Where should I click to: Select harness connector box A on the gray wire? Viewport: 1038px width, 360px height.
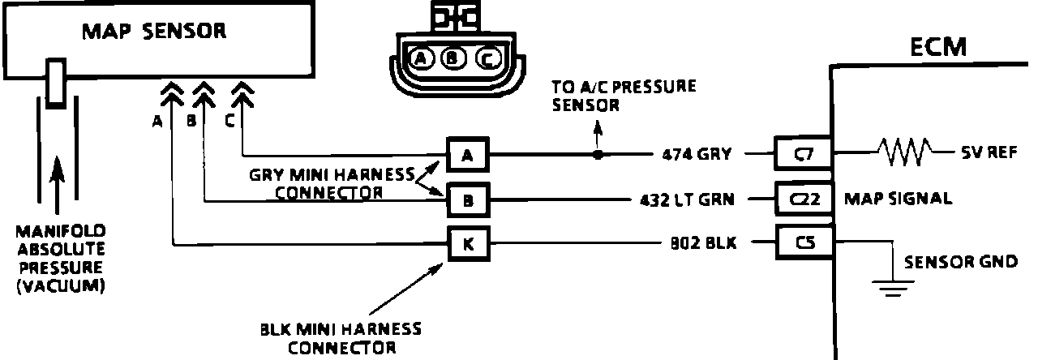coord(468,154)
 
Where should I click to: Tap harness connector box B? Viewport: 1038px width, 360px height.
coord(468,199)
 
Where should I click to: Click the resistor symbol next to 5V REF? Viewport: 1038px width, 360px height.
coord(904,152)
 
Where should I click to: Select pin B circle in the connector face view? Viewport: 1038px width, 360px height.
coord(452,58)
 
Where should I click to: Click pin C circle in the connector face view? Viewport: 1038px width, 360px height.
coord(484,58)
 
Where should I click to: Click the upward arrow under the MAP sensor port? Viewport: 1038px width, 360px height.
coord(55,174)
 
